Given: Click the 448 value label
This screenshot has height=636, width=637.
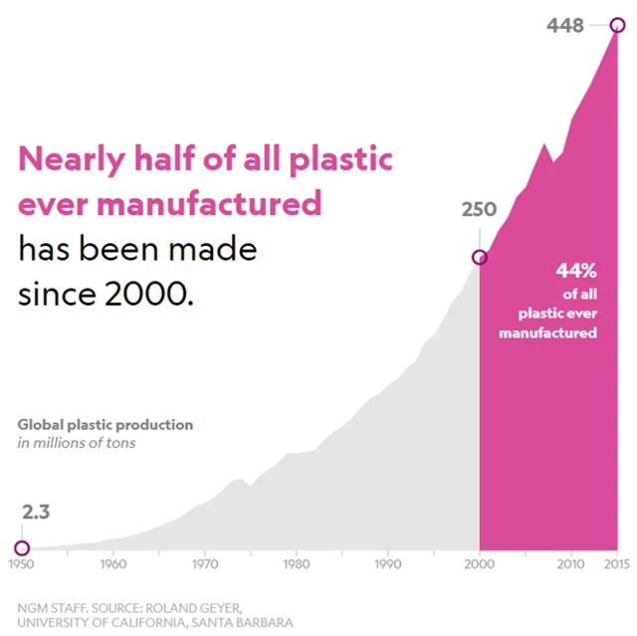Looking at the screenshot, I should pyautogui.click(x=565, y=25).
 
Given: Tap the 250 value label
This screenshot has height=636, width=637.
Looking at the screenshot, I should pyautogui.click(x=479, y=209).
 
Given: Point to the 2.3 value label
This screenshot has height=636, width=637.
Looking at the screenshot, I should pyautogui.click(x=36, y=513).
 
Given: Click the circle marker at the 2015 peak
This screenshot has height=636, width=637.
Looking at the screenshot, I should pyautogui.click(x=618, y=26).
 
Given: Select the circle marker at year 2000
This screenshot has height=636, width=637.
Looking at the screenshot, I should pyautogui.click(x=480, y=257).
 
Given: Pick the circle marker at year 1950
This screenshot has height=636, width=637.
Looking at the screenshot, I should pyautogui.click(x=22, y=547).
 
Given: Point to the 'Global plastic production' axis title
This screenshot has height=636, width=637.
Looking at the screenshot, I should pyautogui.click(x=106, y=425).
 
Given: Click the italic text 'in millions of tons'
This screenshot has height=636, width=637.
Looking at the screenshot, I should pyautogui.click(x=77, y=442).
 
